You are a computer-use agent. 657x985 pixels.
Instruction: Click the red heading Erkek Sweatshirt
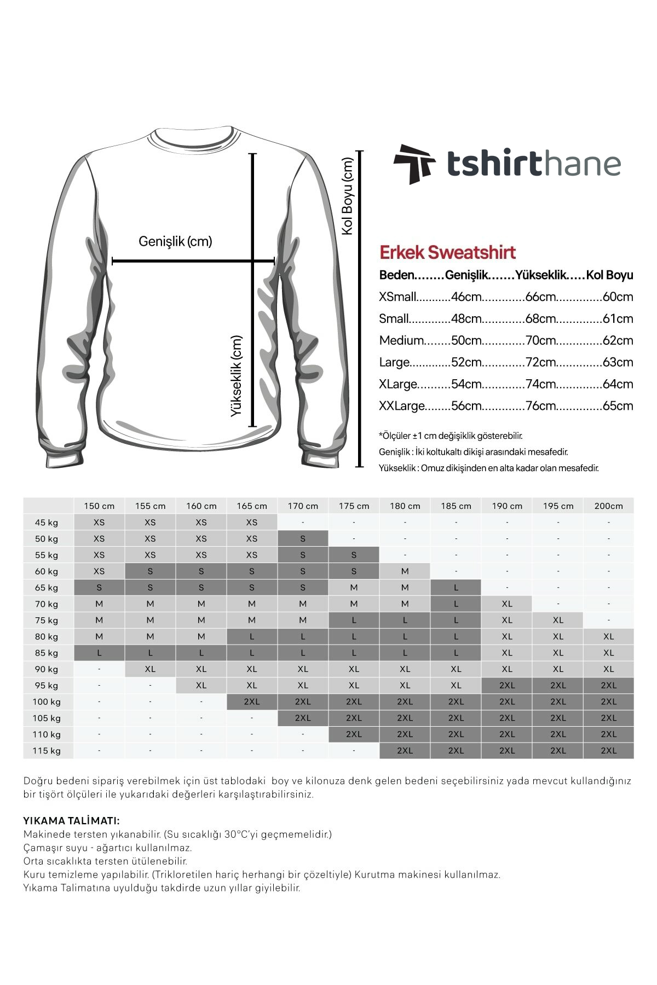click(x=447, y=252)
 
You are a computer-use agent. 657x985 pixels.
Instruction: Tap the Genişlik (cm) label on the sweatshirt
click(x=175, y=241)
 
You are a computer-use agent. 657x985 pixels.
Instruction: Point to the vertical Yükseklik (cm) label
click(x=236, y=376)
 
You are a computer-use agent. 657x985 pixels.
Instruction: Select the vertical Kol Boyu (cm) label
click(x=348, y=196)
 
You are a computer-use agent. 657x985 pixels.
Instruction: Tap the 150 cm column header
click(x=99, y=506)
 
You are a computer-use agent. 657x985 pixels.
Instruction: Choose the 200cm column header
click(x=608, y=506)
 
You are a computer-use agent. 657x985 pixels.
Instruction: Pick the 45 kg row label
click(x=47, y=523)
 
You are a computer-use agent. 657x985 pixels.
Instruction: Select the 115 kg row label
click(x=47, y=751)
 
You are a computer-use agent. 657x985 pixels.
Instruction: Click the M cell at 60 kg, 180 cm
click(x=405, y=571)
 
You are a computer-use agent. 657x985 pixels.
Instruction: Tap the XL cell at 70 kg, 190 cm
click(x=507, y=604)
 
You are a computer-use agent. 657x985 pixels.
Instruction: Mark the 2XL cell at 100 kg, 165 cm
click(x=252, y=702)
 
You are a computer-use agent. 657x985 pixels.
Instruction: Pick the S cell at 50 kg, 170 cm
click(x=303, y=539)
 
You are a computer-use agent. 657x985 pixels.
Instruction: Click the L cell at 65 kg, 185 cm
click(x=456, y=588)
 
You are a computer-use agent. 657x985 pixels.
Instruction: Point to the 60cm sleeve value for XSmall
click(x=618, y=297)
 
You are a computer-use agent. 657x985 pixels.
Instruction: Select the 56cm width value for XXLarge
click(x=466, y=406)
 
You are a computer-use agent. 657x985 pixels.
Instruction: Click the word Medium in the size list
click(x=401, y=340)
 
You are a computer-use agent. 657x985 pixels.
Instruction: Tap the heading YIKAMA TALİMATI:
click(x=71, y=821)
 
